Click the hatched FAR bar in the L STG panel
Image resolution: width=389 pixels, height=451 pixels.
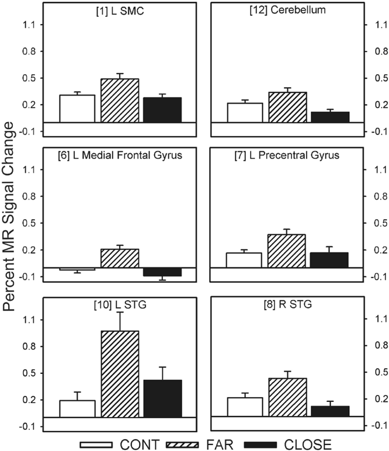point(120,374)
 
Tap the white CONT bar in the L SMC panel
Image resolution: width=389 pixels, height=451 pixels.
point(77,109)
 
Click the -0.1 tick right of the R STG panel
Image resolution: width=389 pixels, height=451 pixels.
point(371,426)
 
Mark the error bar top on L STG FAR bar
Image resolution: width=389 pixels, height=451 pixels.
point(120,312)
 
